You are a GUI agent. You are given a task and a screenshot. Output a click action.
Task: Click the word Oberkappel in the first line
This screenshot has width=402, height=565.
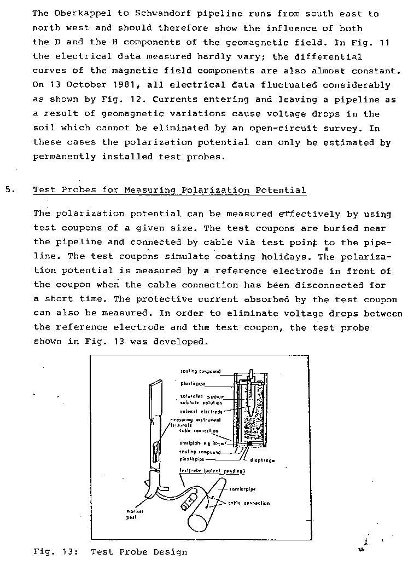coord(78,13)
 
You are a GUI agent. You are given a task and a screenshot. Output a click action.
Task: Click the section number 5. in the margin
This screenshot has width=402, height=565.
coord(10,190)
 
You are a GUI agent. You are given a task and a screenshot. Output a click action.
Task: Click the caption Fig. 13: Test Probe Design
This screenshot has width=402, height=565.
coord(110,551)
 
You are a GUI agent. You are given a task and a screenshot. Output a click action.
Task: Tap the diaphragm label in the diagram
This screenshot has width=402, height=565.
coord(263,460)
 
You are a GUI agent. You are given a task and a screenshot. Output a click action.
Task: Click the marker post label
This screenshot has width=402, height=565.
coord(133,514)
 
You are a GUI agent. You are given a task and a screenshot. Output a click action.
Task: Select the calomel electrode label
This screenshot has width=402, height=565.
coord(200,411)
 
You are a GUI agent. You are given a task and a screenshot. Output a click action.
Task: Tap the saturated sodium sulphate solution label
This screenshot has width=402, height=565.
coord(200,399)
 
